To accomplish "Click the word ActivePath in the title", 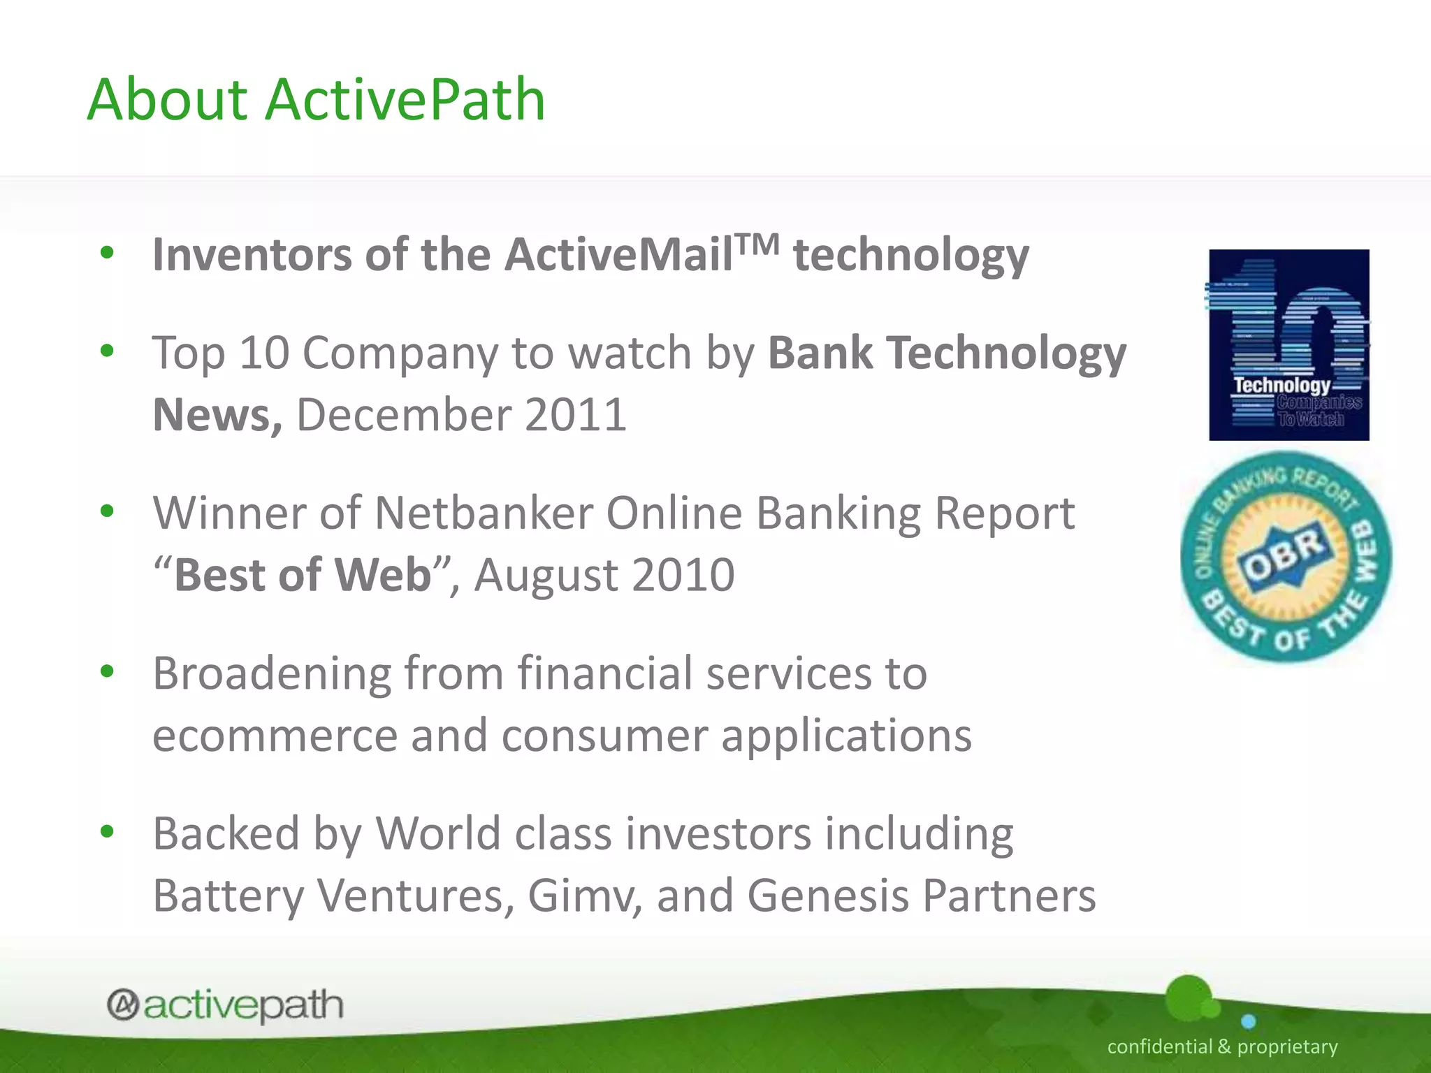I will pos(405,100).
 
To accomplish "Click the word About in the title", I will pos(168,100).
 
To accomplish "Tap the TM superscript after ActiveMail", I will pos(757,244).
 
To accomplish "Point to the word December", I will pos(403,415).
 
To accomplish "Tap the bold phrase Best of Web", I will pos(302,575).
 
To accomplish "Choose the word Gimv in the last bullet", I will pos(584,896).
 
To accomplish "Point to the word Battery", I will pos(228,896).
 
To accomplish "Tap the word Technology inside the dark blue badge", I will pos(1281,385).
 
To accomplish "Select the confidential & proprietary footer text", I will pos(1222,1046).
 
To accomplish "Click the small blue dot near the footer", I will pos(1249,1022).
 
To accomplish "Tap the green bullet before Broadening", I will pos(107,672).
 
